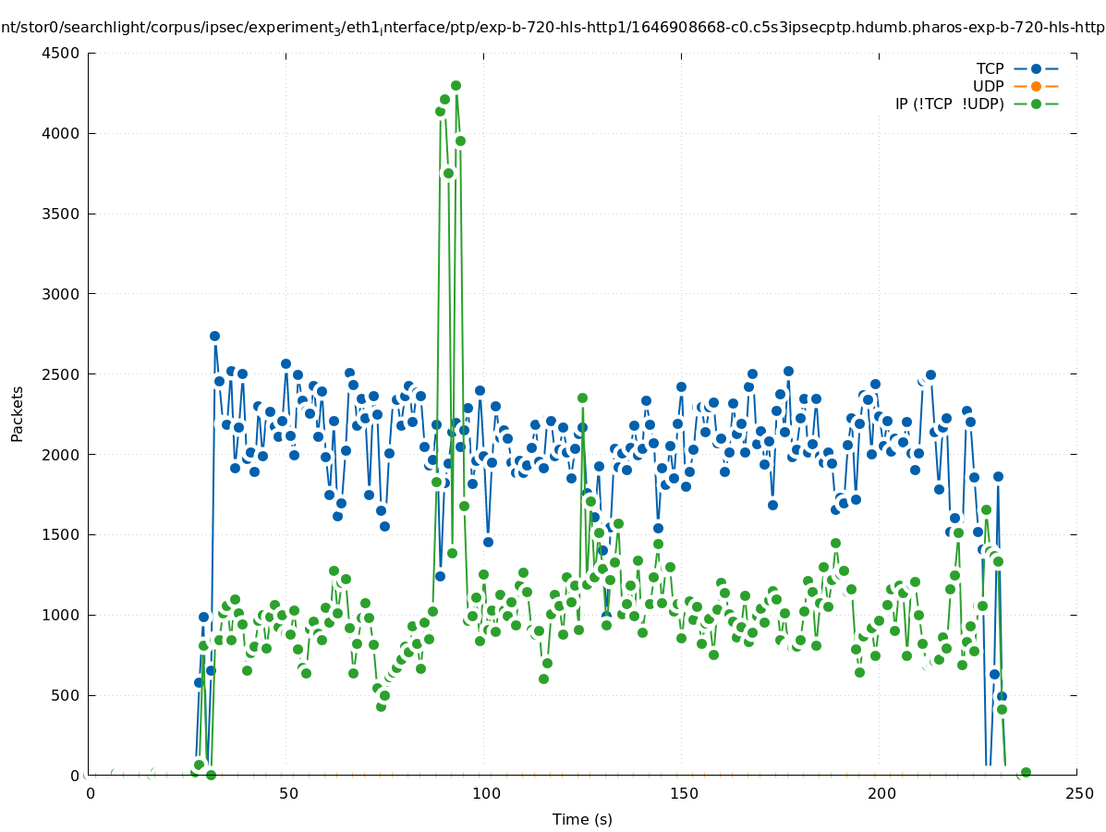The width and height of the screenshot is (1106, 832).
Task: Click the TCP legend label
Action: [x=990, y=68]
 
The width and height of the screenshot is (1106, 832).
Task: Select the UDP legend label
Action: [x=988, y=86]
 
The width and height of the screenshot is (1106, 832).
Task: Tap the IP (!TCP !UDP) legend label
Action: [x=949, y=104]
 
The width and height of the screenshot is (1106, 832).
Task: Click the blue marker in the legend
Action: [x=1036, y=68]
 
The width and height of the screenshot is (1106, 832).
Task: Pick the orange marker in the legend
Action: [x=1036, y=86]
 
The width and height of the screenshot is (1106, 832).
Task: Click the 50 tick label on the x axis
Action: [x=288, y=793]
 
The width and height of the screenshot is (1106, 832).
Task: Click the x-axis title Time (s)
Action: [x=582, y=819]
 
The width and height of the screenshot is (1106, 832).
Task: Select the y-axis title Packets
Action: [x=18, y=414]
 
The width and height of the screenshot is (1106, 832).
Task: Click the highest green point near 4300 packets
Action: [x=456, y=85]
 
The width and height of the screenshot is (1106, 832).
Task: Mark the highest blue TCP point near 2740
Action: [x=214, y=336]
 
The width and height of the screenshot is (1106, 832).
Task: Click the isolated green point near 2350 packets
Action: [x=582, y=398]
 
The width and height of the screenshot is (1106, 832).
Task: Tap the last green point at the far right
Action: [x=1026, y=772]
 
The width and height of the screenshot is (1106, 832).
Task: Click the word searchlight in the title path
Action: [x=77, y=27]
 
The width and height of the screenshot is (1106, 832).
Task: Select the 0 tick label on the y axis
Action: [x=76, y=776]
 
